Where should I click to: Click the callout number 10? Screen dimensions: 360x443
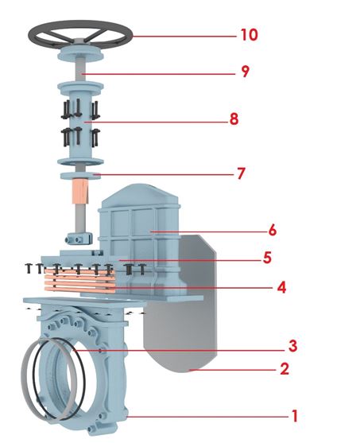coord(250,35)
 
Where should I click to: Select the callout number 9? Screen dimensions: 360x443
coord(246,72)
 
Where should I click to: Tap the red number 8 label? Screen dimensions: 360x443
coord(234,119)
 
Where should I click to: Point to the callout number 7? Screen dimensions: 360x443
coord(241,173)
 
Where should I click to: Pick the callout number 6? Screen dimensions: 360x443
coord(273,231)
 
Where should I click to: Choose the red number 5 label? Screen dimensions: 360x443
coord(267,258)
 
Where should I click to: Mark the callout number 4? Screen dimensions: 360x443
coord(281,288)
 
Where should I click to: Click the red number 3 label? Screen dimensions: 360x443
coord(292,346)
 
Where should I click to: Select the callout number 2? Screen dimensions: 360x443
coord(285,369)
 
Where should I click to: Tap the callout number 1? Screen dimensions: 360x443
coord(295,416)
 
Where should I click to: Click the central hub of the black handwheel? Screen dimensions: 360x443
coord(80,42)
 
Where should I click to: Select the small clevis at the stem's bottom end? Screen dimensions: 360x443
coord(79,238)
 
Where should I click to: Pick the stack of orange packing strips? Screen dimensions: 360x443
coord(80,281)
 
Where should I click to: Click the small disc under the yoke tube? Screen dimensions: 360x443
coord(81,175)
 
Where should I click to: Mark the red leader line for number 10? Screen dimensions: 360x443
coord(184,36)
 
